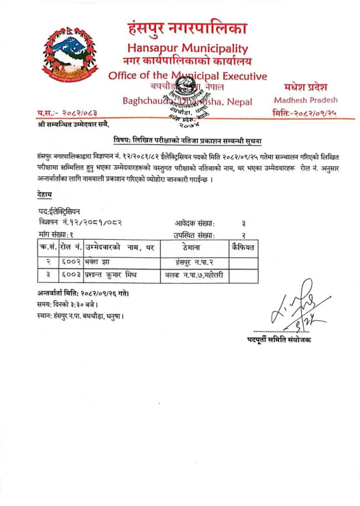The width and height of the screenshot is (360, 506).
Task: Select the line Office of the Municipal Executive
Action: tap(187, 76)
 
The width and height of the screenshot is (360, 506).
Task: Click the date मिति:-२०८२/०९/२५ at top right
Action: tap(306, 113)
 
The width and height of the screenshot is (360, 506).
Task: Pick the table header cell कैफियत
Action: tap(243, 247)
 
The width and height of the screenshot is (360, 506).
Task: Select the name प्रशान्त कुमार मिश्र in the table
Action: tap(115, 275)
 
